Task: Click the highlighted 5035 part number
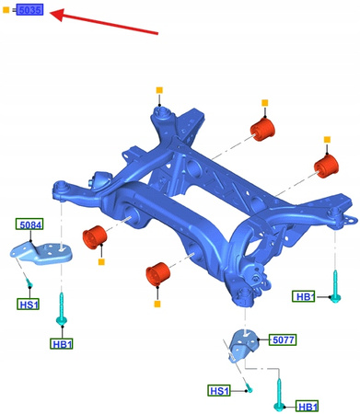pyautogui.click(x=29, y=12)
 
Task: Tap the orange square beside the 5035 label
pyautogui.click(x=7, y=12)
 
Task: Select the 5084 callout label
pyautogui.click(x=29, y=224)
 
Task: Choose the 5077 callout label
pyautogui.click(x=283, y=339)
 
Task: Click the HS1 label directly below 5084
pyautogui.click(x=29, y=304)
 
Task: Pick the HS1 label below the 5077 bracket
pyautogui.click(x=219, y=391)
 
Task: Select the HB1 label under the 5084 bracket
pyautogui.click(x=63, y=343)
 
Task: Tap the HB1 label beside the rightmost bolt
pyautogui.click(x=304, y=296)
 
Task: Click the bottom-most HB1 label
pyautogui.click(x=308, y=406)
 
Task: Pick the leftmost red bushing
pyautogui.click(x=96, y=237)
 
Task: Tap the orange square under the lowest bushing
pyautogui.click(x=157, y=303)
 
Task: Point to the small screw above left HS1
pyautogui.click(x=29, y=279)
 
